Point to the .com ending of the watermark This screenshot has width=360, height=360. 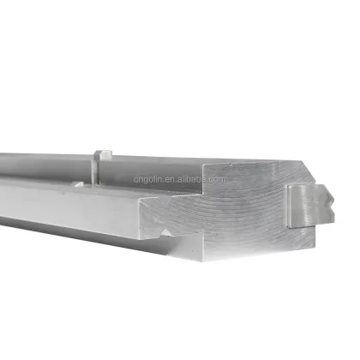coord(214,180)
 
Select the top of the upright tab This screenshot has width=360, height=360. coord(103,153)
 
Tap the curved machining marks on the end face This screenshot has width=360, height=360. coord(236,210)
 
